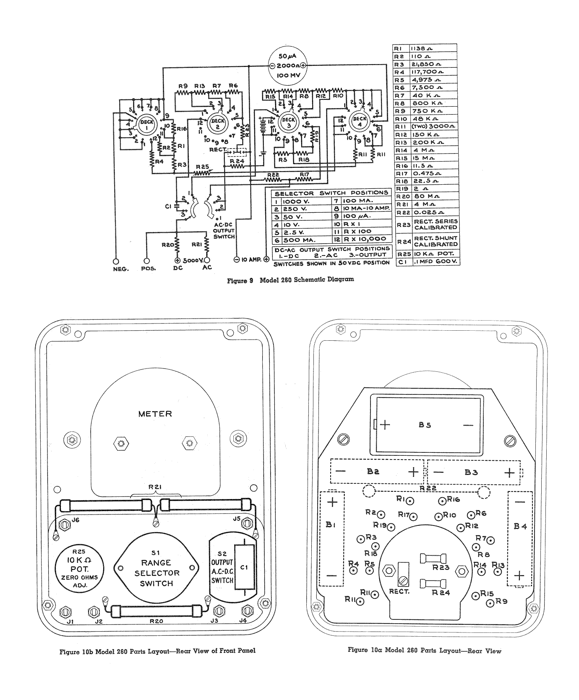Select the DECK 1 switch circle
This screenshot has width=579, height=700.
[147, 123]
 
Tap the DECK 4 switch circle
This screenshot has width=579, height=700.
[360, 121]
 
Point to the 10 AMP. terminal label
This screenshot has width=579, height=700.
[251, 259]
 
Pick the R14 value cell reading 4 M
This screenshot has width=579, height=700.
[433, 150]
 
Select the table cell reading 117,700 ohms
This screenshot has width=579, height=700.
[433, 72]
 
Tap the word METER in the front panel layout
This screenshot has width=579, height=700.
[155, 414]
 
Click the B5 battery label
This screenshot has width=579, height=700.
[425, 425]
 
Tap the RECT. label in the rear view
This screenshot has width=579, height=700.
[399, 592]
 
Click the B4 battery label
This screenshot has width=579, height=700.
[520, 526]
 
